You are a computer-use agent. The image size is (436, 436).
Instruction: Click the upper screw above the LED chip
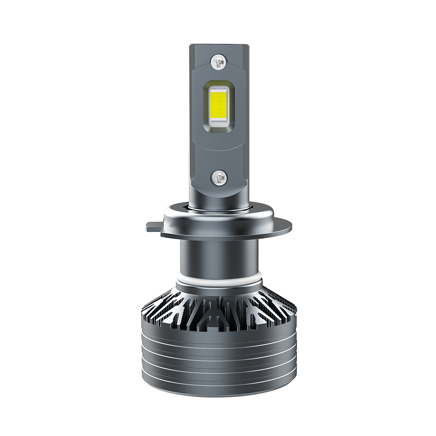point(218,61)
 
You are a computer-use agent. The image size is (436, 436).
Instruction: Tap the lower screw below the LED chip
point(218,177)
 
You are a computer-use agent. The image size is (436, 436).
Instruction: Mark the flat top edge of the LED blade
point(218,44)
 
